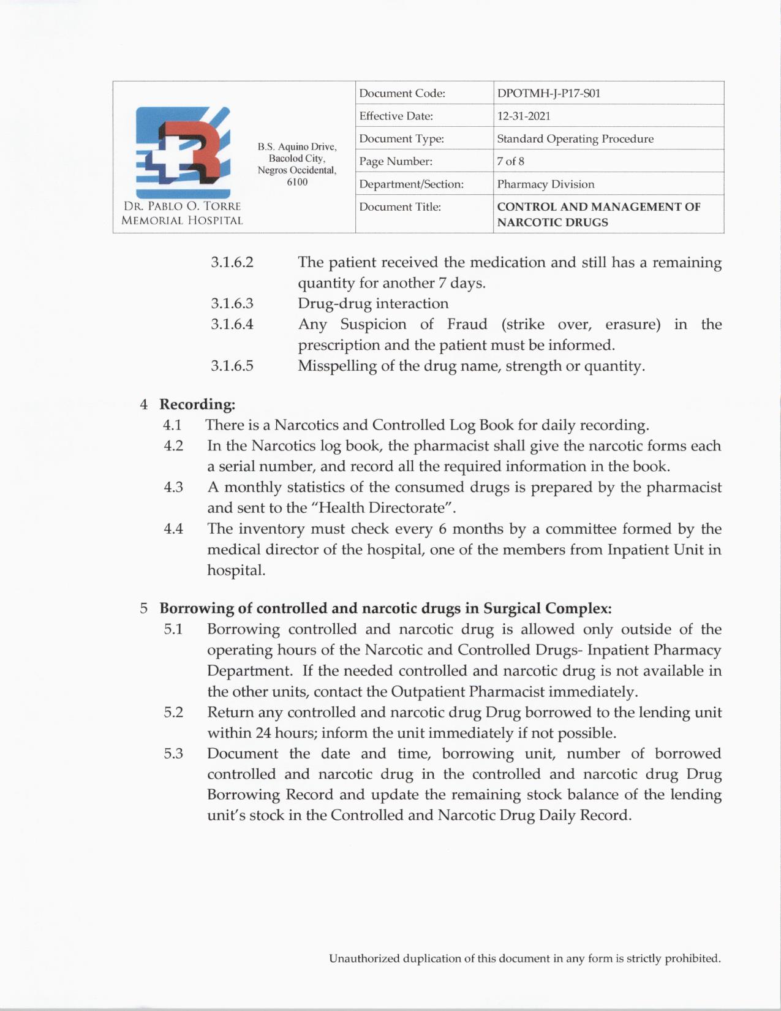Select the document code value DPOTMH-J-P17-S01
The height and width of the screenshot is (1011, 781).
pyautogui.click(x=548, y=93)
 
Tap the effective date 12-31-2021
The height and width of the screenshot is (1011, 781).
pyautogui.click(x=523, y=116)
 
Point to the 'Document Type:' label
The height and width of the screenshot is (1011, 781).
pyautogui.click(x=401, y=138)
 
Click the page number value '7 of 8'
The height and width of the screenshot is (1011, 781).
pyautogui.click(x=510, y=161)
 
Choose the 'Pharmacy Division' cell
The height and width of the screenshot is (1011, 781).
pyautogui.click(x=545, y=184)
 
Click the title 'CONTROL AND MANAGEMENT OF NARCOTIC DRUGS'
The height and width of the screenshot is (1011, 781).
pyautogui.click(x=598, y=214)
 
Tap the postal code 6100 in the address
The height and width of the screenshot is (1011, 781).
pyautogui.click(x=297, y=182)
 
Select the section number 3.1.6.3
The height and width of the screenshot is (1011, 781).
pyautogui.click(x=232, y=303)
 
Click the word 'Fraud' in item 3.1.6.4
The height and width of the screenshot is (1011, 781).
pyautogui.click(x=467, y=324)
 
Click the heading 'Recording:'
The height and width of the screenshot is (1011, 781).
pyautogui.click(x=197, y=404)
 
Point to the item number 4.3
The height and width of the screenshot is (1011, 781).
pyautogui.click(x=173, y=487)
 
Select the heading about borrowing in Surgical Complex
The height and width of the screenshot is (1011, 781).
pyautogui.click(x=385, y=608)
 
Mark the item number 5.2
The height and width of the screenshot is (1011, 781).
pyautogui.click(x=173, y=712)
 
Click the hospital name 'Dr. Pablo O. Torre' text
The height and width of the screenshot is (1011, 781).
pyautogui.click(x=182, y=206)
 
